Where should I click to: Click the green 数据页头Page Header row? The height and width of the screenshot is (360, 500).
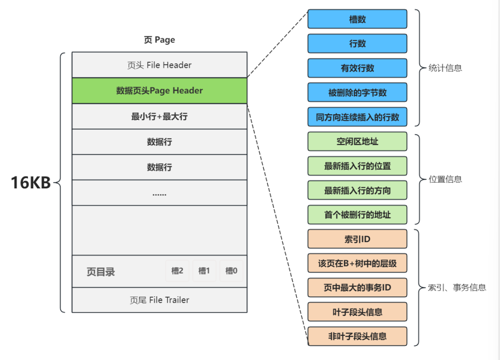point(159,91)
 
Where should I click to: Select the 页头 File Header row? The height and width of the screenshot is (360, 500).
point(159,65)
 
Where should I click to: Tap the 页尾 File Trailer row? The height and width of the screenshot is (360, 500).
point(159,300)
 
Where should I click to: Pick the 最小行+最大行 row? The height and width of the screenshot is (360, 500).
point(159,117)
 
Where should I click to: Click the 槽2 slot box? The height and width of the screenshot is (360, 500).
point(177,271)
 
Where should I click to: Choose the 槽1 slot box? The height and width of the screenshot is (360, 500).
point(204,271)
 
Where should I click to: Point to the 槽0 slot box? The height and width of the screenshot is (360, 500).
point(231,271)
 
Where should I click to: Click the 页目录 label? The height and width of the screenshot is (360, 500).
point(101,272)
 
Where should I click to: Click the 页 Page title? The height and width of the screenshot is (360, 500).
point(159,40)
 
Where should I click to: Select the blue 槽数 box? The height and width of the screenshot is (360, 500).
point(357,20)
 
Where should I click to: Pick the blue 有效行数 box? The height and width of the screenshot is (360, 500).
point(357,68)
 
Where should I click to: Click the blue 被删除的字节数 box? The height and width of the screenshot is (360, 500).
point(357,92)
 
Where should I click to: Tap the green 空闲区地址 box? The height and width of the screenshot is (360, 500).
point(357,142)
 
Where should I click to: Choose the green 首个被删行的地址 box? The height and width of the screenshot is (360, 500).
point(357,214)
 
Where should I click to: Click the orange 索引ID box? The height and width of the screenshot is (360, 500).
point(357,239)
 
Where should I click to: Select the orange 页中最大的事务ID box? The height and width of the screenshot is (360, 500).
point(357,288)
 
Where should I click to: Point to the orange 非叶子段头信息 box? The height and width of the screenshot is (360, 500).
point(357,336)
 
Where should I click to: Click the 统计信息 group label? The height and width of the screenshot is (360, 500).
point(445,68)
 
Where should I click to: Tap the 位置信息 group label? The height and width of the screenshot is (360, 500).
point(445,179)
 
